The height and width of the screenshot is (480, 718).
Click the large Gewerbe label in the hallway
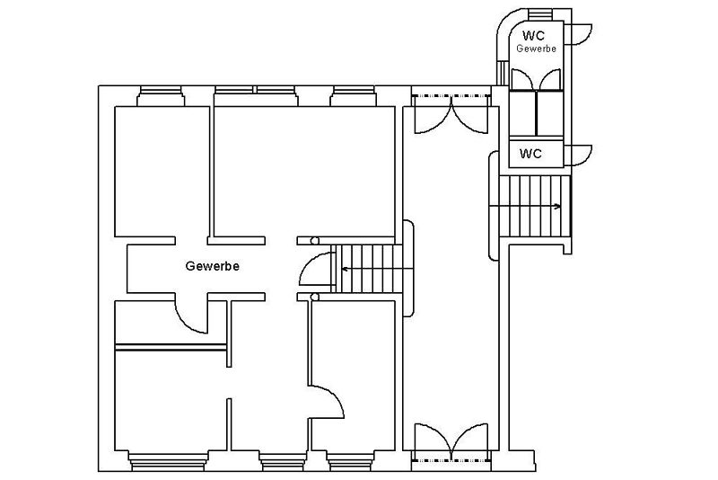coord(212,266)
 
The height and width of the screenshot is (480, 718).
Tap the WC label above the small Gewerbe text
coord(533,35)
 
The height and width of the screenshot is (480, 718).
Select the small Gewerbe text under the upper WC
coord(536,49)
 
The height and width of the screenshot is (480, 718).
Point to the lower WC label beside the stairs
coord(530,154)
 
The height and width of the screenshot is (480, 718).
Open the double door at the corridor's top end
coord(451,115)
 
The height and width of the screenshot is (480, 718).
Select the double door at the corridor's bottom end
coord(451,441)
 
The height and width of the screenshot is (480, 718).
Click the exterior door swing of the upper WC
coord(579,34)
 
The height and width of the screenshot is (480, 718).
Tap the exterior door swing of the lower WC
coord(579,156)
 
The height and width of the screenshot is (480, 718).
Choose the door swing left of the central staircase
coord(315,269)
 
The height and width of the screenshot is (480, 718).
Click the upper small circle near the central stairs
coord(315,241)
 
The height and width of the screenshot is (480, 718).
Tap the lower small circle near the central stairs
coord(315,297)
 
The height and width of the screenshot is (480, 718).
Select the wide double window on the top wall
coord(257,96)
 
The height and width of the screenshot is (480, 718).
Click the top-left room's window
coord(161,96)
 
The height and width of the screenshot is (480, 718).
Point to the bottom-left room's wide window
coord(167,461)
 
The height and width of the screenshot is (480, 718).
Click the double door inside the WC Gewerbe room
coord(536,79)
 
